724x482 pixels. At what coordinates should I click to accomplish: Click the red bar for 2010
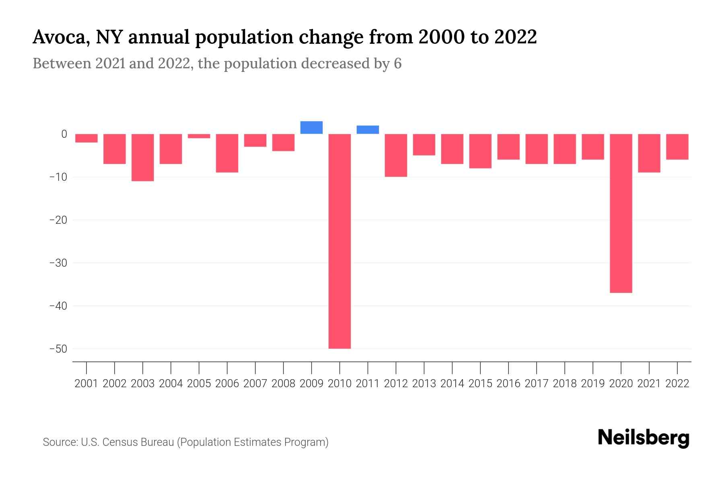click(339, 241)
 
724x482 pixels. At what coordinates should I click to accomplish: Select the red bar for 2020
click(621, 213)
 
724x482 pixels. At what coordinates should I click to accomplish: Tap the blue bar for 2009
click(311, 127)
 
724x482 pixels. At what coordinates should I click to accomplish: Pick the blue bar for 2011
click(368, 129)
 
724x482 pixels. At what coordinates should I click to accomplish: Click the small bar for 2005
click(199, 136)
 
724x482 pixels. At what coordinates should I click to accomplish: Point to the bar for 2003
click(143, 157)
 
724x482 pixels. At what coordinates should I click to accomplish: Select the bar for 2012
click(396, 155)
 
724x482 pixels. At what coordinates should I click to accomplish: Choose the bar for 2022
click(677, 147)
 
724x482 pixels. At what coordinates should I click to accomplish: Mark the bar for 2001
click(86, 138)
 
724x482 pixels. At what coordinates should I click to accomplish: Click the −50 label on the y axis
click(58, 349)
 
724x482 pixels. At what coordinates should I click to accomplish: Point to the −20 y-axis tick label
click(58, 220)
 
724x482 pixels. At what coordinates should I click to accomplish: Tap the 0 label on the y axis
click(64, 134)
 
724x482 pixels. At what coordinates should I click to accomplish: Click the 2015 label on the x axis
click(480, 384)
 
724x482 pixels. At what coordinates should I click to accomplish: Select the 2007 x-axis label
click(255, 384)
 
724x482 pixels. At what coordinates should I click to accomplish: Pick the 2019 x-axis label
click(592, 384)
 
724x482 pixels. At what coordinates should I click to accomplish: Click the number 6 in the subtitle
click(397, 63)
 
